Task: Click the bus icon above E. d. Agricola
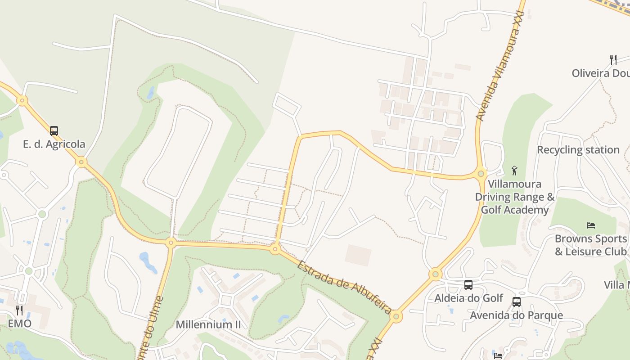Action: pos(54,131)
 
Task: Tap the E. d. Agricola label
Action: pos(54,144)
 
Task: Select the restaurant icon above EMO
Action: pos(19,310)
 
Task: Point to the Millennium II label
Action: pos(208,324)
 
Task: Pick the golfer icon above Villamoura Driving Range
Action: pos(515,171)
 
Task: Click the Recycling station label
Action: pos(578,150)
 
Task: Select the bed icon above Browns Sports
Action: pos(591,225)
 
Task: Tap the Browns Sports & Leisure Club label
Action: pos(590,245)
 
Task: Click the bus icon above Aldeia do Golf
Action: pos(468,285)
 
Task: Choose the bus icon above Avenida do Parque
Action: pos(517,302)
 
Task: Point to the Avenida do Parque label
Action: pos(516,315)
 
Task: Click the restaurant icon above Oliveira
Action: pos(613,59)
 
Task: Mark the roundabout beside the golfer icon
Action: pos(481,173)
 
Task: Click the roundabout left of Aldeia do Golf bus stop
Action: pos(435,274)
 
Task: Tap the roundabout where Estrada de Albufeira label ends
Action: pos(396,316)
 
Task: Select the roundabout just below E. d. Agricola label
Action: pos(81,162)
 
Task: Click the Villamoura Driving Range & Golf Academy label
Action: pos(515,197)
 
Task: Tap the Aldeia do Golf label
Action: pos(468,298)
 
